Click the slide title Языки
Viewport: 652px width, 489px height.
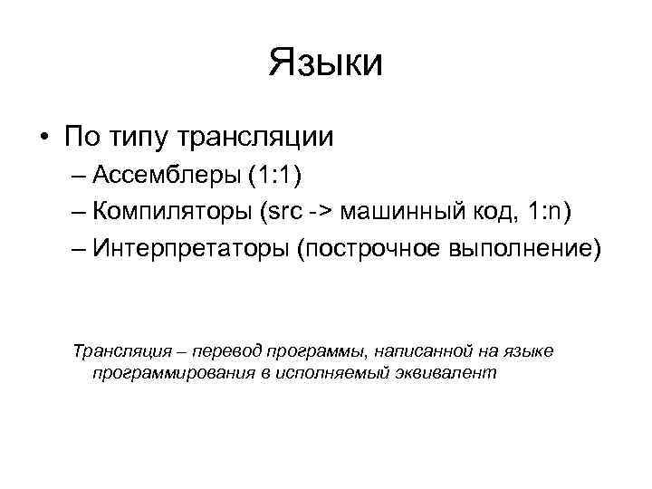click(x=326, y=64)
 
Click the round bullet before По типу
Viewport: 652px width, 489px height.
click(x=43, y=139)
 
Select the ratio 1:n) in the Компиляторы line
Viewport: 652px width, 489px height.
click(x=545, y=211)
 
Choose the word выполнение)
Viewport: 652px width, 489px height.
click(x=525, y=247)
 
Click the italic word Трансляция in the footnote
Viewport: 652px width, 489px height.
click(x=115, y=350)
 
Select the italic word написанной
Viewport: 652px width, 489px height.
click(x=398, y=350)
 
